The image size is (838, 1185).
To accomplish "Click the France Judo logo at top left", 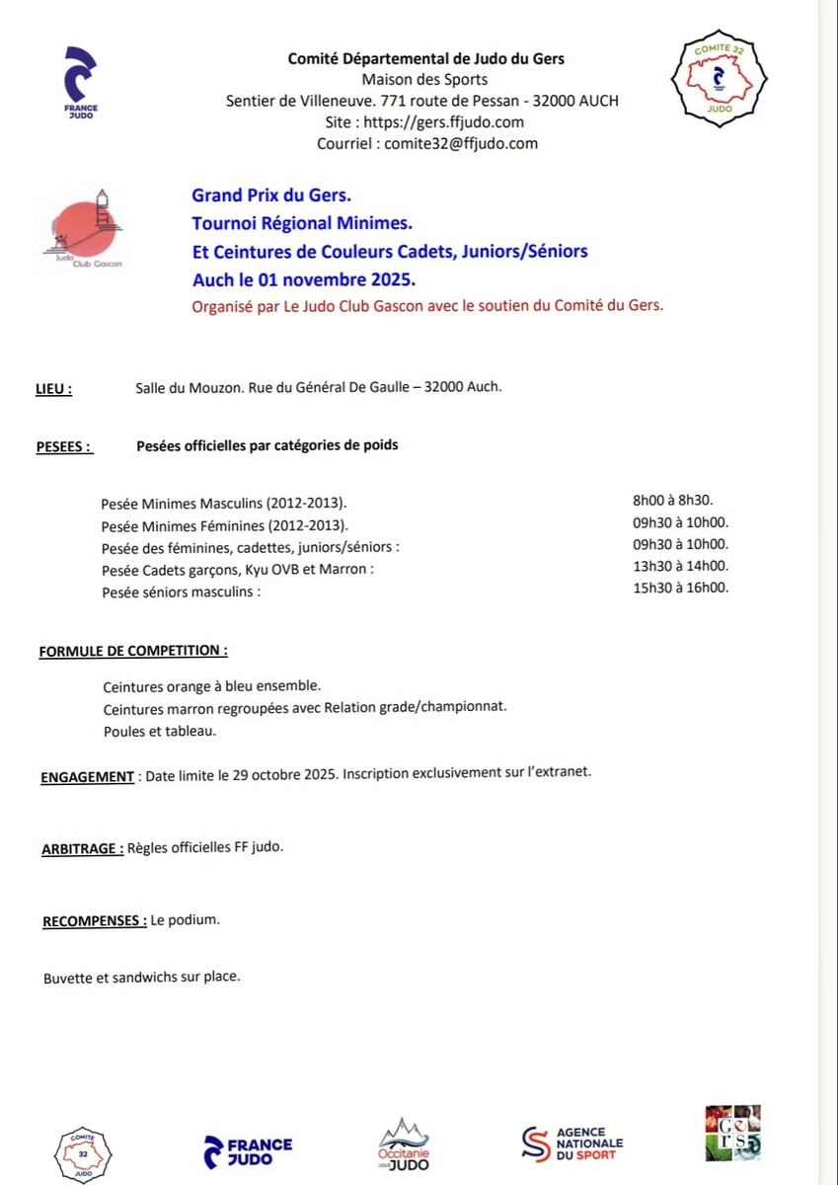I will coord(80,83).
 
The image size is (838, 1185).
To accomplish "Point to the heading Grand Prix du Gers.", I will coord(271,196).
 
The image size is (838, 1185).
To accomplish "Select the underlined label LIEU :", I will coord(53,389).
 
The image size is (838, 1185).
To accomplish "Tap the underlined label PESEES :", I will coord(64,446).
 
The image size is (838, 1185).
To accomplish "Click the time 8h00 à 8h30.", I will coord(672,501).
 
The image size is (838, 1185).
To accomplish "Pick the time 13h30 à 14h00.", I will coord(680,566).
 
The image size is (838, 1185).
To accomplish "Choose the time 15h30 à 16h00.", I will coord(680,588).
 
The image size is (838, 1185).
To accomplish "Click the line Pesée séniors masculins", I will coord(182,592).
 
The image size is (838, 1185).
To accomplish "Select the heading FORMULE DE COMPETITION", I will coord(133,652).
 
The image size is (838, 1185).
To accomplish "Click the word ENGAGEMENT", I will coord(88,776).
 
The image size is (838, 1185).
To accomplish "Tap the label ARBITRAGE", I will coord(83,848).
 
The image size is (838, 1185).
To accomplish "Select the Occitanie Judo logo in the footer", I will coord(405,1146).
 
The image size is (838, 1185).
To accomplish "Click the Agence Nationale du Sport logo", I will coord(572,1144).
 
